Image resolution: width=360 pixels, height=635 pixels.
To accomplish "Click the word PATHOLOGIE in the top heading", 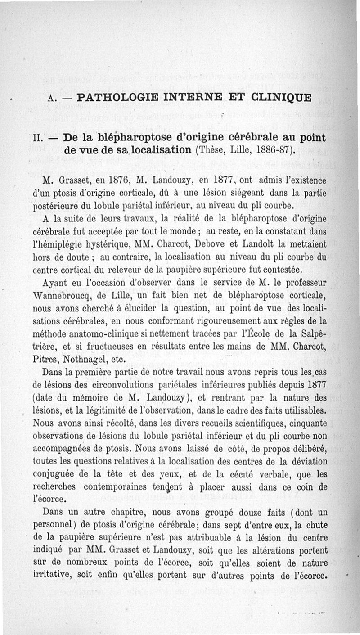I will pyautogui.click(x=118, y=97).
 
